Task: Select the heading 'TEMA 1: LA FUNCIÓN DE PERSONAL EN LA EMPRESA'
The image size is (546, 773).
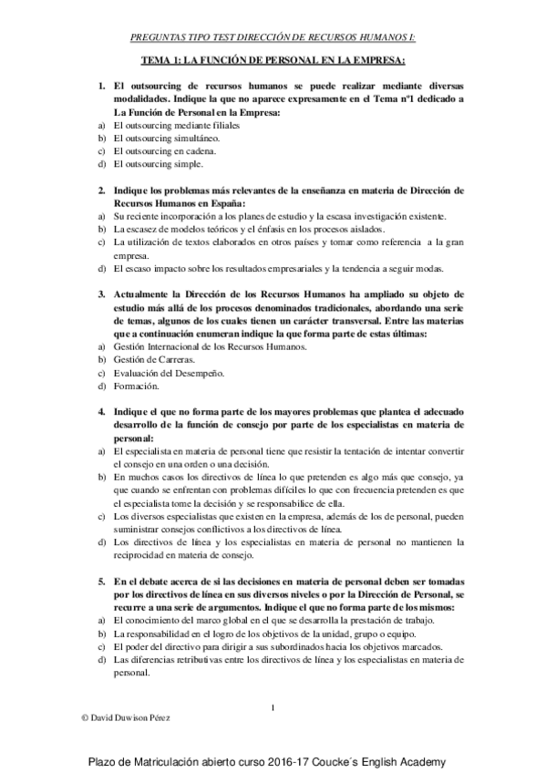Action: (x=273, y=60)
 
